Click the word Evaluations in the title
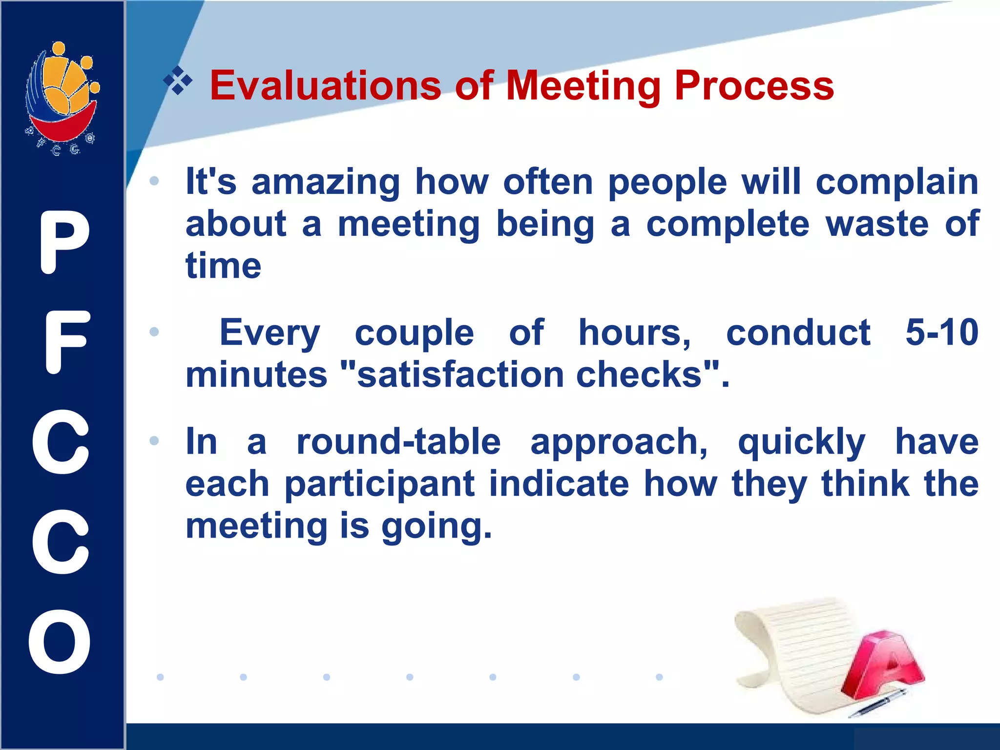325,86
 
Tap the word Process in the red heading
754,86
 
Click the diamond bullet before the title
178,80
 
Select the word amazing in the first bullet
325,182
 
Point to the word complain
897,182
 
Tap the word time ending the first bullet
223,266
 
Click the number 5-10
941,333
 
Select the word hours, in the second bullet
634,333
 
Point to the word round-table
398,442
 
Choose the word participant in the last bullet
379,484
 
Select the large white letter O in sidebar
60,642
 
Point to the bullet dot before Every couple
154,332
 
